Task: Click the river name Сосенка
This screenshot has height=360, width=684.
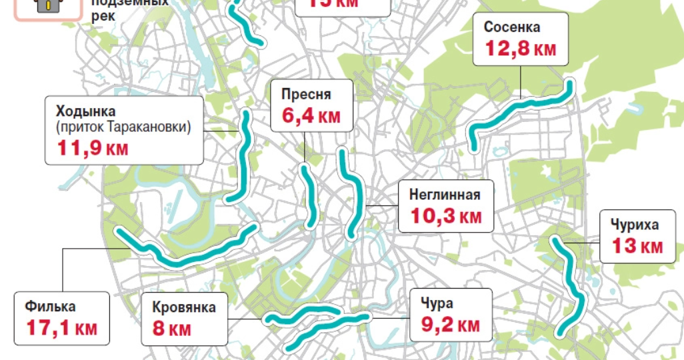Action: [512, 27]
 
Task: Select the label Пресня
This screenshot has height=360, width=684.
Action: [306, 95]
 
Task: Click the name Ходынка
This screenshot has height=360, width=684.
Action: [86, 111]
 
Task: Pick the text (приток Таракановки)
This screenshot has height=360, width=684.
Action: [124, 127]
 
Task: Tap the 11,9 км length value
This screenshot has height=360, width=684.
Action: [93, 148]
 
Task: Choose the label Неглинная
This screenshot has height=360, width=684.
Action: [445, 195]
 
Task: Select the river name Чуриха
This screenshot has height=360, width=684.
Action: [633, 224]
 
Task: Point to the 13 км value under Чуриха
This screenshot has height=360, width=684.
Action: [637, 246]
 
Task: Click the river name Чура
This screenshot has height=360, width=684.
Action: [437, 304]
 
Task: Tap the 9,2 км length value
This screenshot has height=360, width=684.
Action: [450, 325]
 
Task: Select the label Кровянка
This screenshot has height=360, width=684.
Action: [184, 307]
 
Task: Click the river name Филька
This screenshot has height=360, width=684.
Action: [51, 307]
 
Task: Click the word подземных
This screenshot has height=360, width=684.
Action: [130, 2]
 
